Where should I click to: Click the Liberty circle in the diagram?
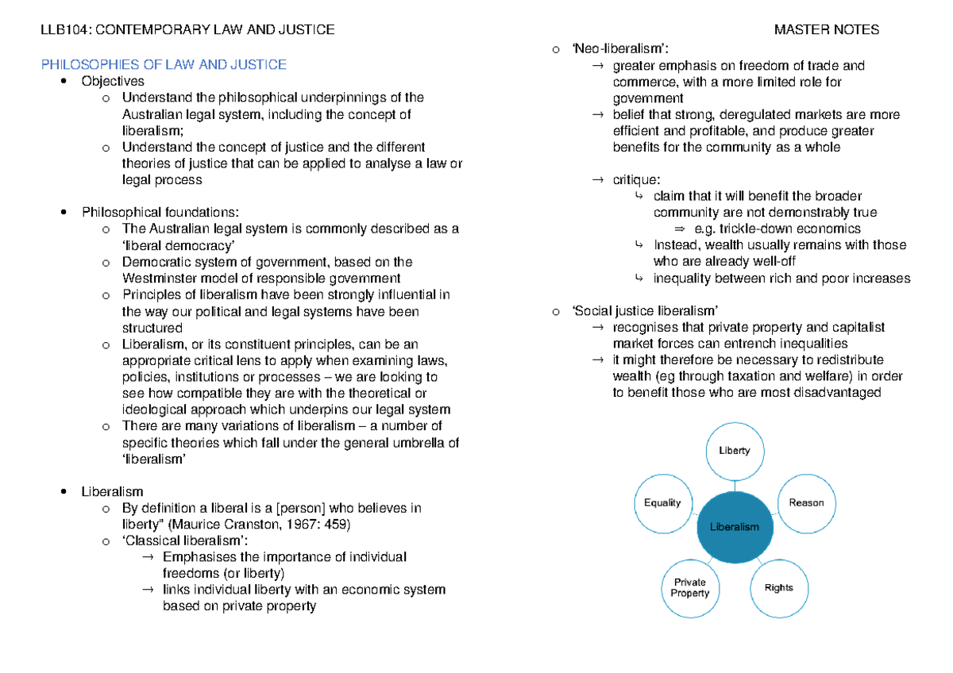(x=735, y=451)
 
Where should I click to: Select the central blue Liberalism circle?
(x=735, y=526)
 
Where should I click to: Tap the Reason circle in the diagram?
(x=806, y=502)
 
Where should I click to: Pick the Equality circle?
(x=663, y=502)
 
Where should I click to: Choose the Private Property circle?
(x=689, y=587)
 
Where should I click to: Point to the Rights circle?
(x=778, y=587)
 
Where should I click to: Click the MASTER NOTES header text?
(x=827, y=30)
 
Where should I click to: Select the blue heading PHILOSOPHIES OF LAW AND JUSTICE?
(x=164, y=64)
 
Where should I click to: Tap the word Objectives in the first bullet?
(x=113, y=81)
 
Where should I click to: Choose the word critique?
(x=636, y=180)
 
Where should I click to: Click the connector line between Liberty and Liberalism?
(x=735, y=486)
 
